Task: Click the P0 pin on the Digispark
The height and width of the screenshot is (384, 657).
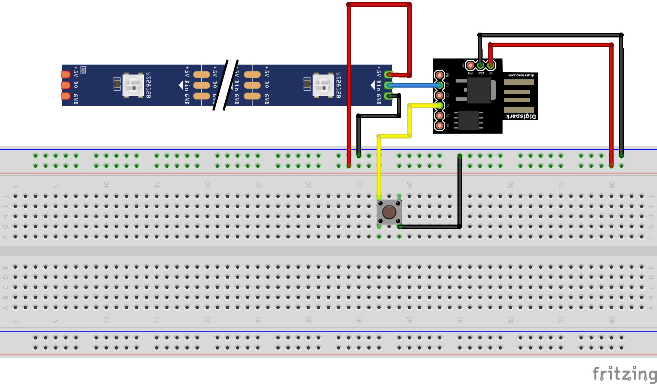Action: [x=439, y=75]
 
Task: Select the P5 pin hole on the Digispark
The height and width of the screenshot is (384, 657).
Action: [x=439, y=126]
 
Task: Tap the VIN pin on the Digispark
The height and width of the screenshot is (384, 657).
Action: [x=470, y=65]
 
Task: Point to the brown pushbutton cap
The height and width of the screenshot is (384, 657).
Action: [x=389, y=212]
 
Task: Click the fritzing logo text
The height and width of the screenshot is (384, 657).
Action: [x=624, y=374]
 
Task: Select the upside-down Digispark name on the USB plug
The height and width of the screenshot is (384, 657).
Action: [x=521, y=116]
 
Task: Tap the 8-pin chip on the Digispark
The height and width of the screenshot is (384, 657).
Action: [x=468, y=120]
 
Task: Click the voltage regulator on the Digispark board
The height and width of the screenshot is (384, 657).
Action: [x=479, y=90]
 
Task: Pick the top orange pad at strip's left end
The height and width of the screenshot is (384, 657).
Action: [x=66, y=74]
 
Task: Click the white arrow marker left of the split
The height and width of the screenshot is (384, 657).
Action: [x=181, y=86]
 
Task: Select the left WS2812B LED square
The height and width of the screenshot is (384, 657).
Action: [x=133, y=86]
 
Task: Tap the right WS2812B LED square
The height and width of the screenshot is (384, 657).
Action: [x=323, y=86]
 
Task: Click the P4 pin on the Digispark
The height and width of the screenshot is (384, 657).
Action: [x=439, y=116]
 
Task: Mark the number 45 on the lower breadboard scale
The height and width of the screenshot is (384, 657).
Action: [x=460, y=320]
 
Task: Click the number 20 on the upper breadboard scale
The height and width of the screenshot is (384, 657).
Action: [x=208, y=185]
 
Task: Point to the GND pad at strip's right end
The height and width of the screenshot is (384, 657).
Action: [x=389, y=96]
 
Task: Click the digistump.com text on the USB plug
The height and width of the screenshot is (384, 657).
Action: [x=521, y=76]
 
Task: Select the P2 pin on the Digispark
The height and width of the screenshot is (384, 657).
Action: [x=439, y=95]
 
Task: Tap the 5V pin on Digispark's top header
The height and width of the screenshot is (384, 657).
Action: [x=490, y=65]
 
